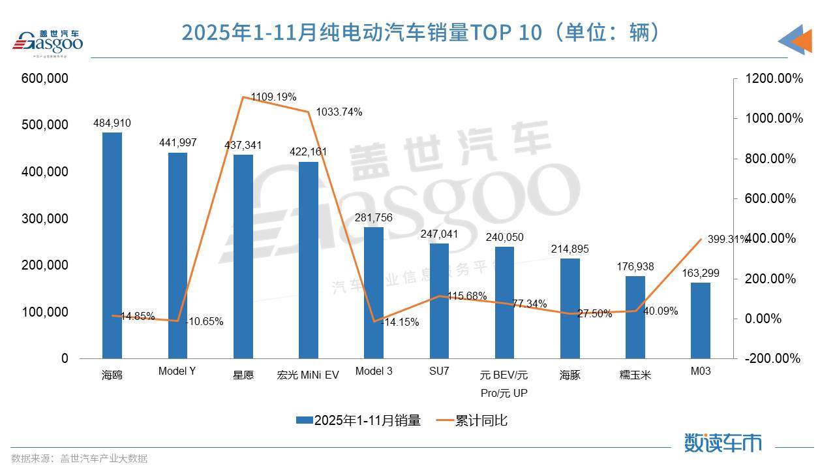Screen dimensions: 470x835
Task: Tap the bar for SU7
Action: pos(439,301)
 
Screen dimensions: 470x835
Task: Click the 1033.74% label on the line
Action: pos(339,112)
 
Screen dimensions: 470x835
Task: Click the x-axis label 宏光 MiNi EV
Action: pos(308,375)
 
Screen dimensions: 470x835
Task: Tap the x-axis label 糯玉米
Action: pos(635,375)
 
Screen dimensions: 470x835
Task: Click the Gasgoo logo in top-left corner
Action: pos(49,42)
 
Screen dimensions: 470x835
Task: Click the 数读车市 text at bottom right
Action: pos(723,443)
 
